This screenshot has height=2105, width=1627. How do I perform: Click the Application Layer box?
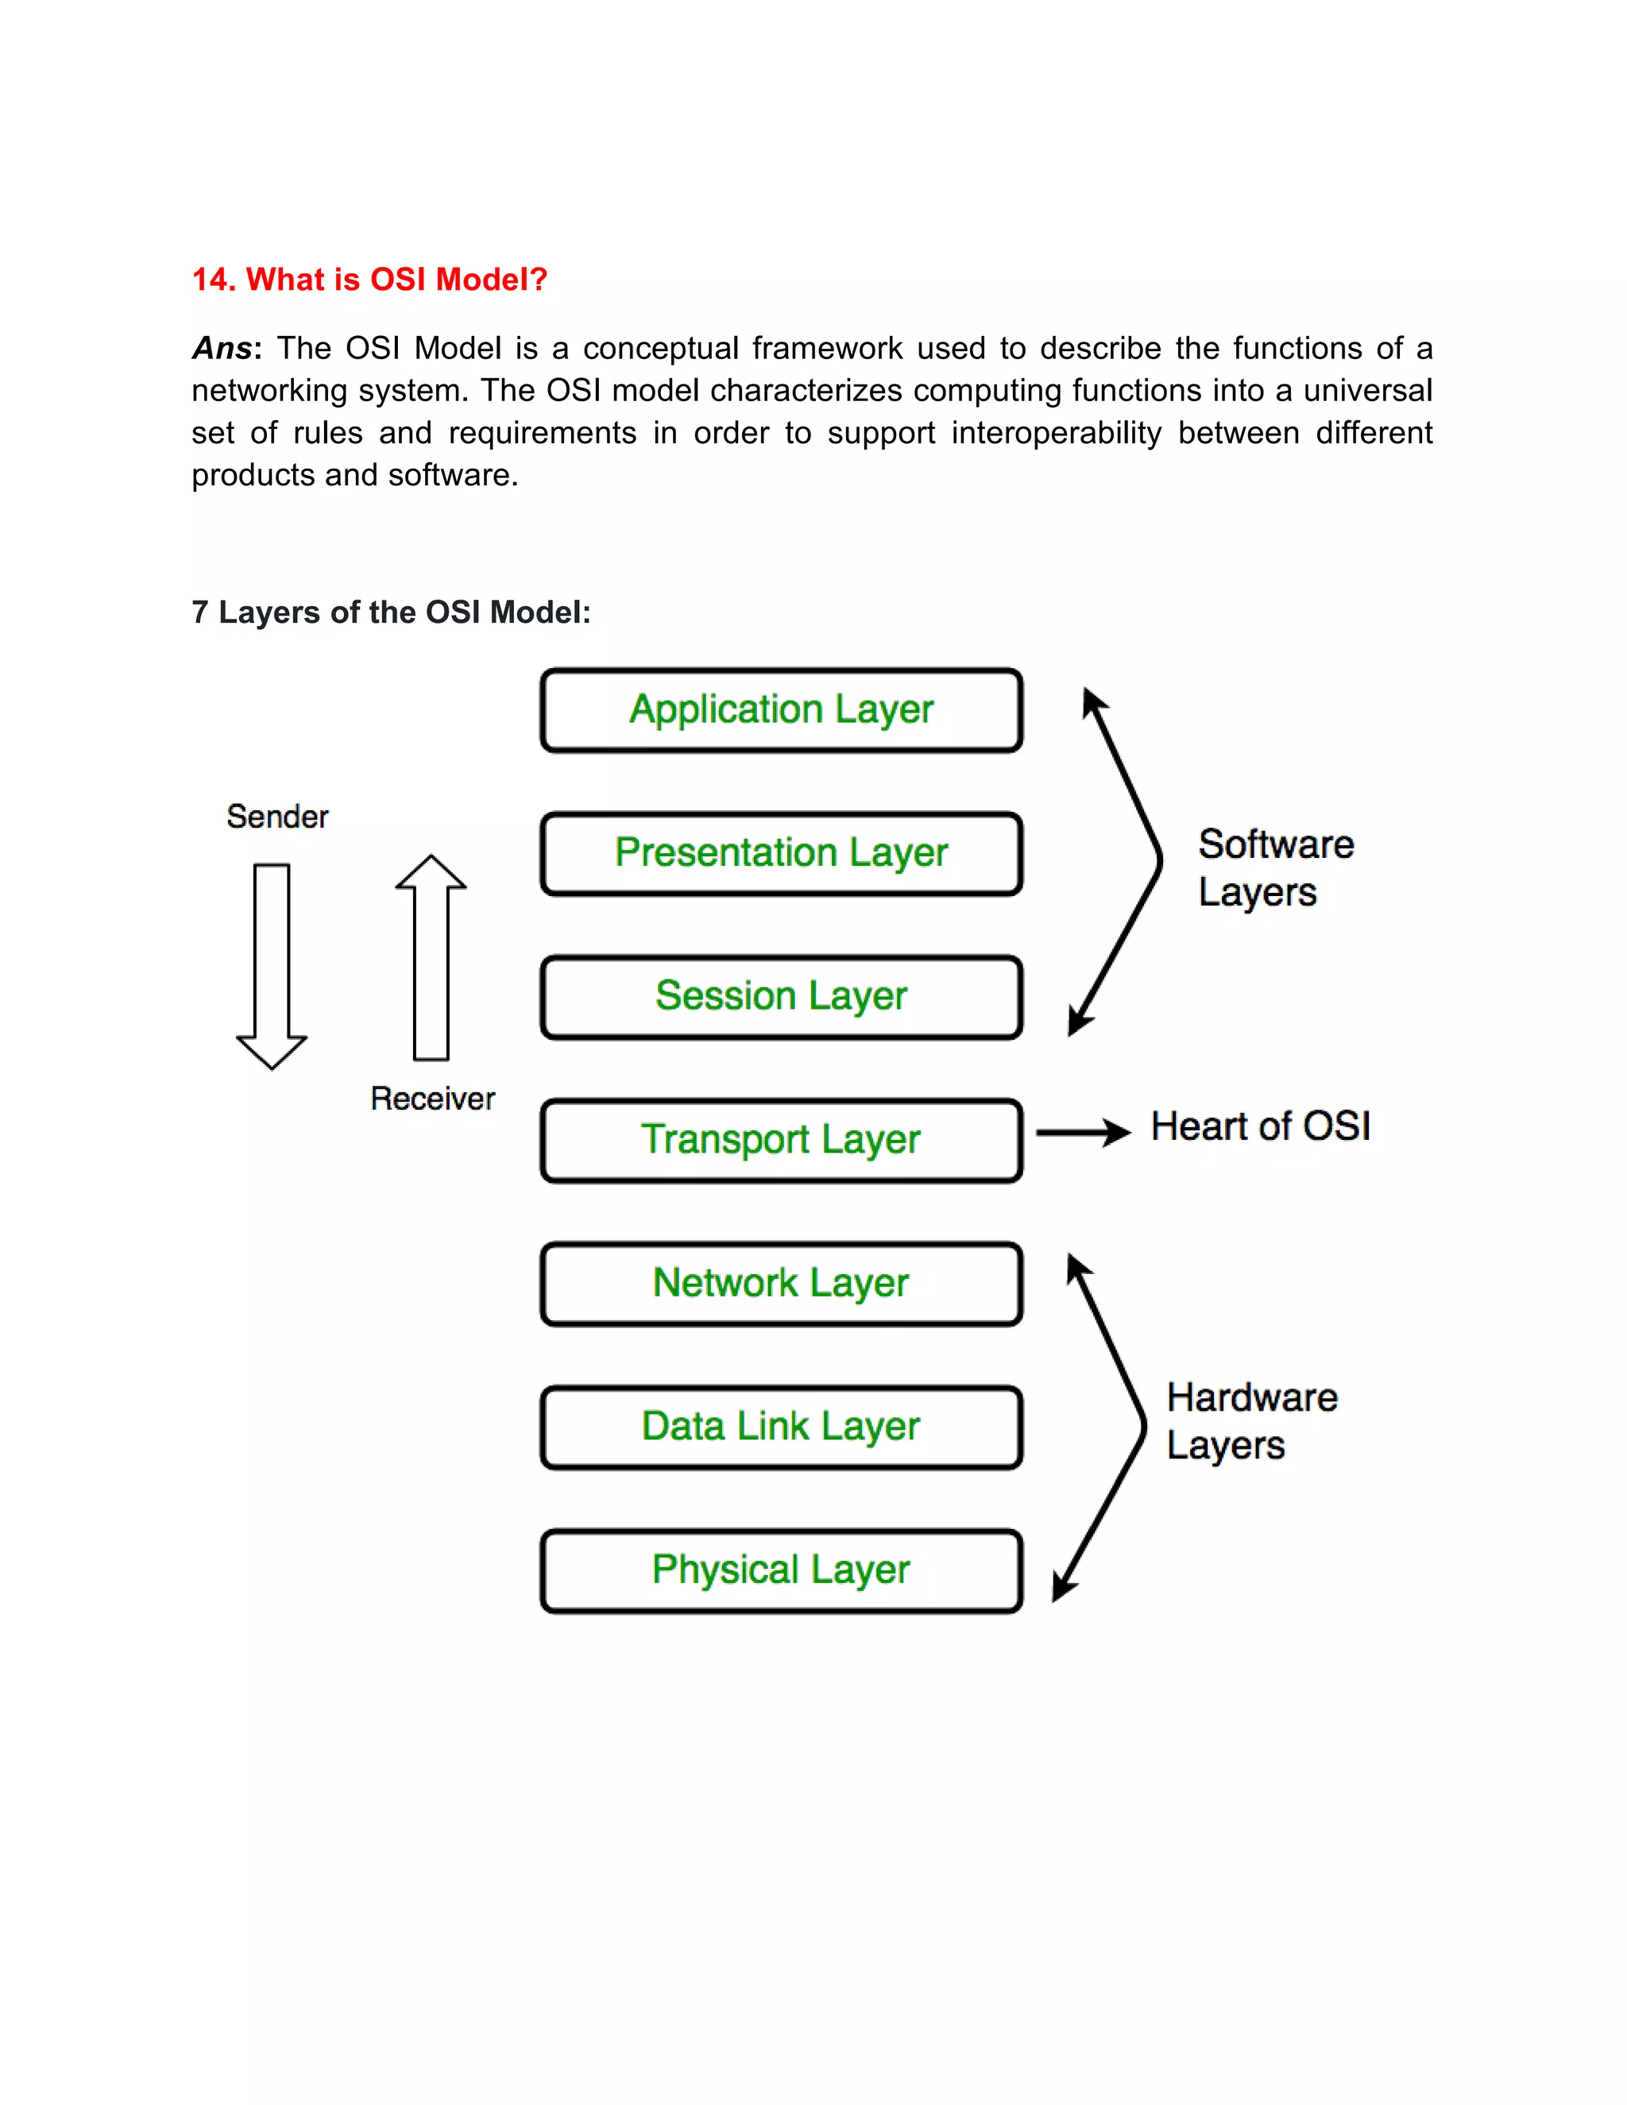coord(781,710)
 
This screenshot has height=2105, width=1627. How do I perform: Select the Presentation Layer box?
coord(781,854)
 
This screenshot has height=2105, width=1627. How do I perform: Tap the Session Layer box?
coord(781,997)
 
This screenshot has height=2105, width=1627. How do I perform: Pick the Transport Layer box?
coord(781,1140)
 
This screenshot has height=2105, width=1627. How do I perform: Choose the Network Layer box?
coord(781,1284)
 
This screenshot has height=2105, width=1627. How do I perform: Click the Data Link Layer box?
coord(781,1427)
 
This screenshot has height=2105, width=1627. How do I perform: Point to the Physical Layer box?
coord(781,1570)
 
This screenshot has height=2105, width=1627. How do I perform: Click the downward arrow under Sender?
coord(272,964)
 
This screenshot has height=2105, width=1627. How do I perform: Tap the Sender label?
coord(277,817)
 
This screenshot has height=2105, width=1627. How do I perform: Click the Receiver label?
coord(433,1099)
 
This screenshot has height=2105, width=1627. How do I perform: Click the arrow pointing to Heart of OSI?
coord(1083,1133)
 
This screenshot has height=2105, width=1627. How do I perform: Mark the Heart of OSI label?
coord(1260,1126)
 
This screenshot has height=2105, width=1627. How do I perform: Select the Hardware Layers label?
coord(1250,1421)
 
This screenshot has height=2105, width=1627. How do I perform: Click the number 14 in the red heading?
coord(212,280)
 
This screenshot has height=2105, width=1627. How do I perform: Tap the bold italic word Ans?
coord(222,348)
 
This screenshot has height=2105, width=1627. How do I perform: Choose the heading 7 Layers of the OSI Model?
coord(390,612)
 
